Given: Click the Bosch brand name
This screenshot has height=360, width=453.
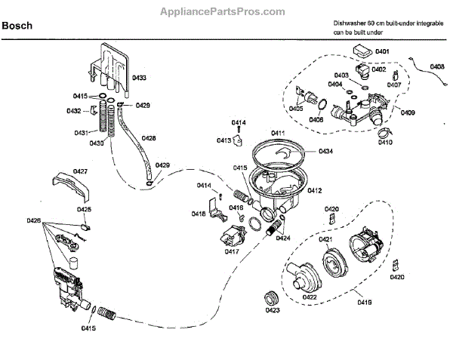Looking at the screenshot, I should [16, 25].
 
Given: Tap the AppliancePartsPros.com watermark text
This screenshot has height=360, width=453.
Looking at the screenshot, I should [226, 11].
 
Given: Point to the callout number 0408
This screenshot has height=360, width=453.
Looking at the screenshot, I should [437, 67].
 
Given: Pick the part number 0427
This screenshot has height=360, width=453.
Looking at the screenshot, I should [81, 172].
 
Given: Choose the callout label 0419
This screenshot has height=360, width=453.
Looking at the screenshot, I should [364, 301].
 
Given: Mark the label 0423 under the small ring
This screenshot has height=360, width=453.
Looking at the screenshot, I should [273, 309].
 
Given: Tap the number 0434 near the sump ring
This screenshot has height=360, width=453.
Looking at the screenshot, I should [326, 152].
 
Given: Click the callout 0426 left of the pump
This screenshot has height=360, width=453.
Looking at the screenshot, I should [33, 220].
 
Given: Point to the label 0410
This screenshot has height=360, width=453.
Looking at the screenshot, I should [386, 142].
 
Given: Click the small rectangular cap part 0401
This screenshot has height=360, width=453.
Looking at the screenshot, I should [361, 51].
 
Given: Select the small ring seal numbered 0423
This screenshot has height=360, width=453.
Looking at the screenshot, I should [270, 294].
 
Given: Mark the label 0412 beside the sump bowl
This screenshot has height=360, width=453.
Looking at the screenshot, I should [314, 190].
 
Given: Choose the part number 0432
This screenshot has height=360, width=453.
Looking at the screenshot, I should [74, 111].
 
